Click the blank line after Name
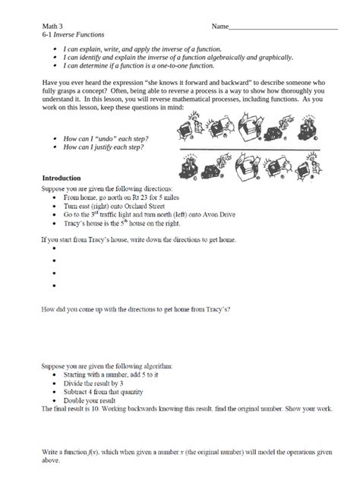[283, 28]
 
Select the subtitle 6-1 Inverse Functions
[73, 36]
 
